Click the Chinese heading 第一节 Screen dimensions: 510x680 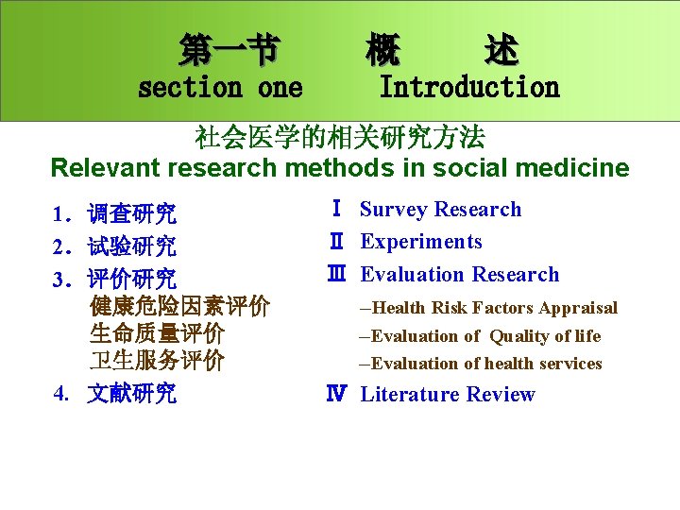click(229, 48)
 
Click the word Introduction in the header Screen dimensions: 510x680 click(468, 88)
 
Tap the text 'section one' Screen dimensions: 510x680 click(220, 88)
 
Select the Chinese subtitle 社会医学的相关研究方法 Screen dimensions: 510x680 click(339, 138)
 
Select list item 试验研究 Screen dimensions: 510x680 click(131, 247)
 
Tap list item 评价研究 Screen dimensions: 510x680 click(131, 280)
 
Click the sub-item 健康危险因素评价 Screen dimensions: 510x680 click(178, 307)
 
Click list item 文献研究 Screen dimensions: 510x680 click(131, 394)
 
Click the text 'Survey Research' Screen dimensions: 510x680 click(440, 210)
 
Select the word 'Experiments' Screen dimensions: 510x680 click(421, 242)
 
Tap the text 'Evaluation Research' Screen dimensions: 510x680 click(460, 275)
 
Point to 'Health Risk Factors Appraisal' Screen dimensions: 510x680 click(494, 308)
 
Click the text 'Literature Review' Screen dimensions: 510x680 click(448, 395)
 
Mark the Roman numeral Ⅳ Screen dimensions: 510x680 click(335, 395)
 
